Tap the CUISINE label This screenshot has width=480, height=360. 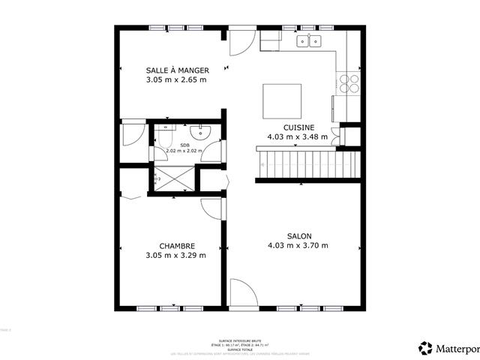click(x=298, y=127)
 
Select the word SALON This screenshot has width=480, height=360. click(x=298, y=235)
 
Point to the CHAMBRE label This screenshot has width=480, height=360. click(x=177, y=245)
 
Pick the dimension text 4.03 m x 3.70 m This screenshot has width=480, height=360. click(x=298, y=245)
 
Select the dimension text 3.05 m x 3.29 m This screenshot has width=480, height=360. click(x=177, y=255)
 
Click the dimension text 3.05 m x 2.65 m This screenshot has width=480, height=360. click(x=176, y=79)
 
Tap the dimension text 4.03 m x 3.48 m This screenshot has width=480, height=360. click(x=298, y=137)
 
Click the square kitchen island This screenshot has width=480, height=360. click(x=282, y=101)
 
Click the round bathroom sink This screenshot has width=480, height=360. click(x=201, y=133)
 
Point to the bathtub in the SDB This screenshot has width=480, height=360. click(x=165, y=138)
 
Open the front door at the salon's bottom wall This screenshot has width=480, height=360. click(x=241, y=293)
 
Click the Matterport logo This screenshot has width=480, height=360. click(x=448, y=348)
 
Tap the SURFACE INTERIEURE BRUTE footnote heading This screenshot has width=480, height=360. click(x=240, y=340)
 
